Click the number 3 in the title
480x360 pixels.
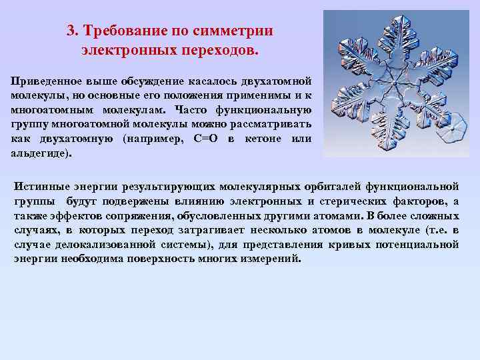[70, 31]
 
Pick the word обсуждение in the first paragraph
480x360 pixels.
[151, 81]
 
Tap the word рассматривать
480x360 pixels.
[273, 124]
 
